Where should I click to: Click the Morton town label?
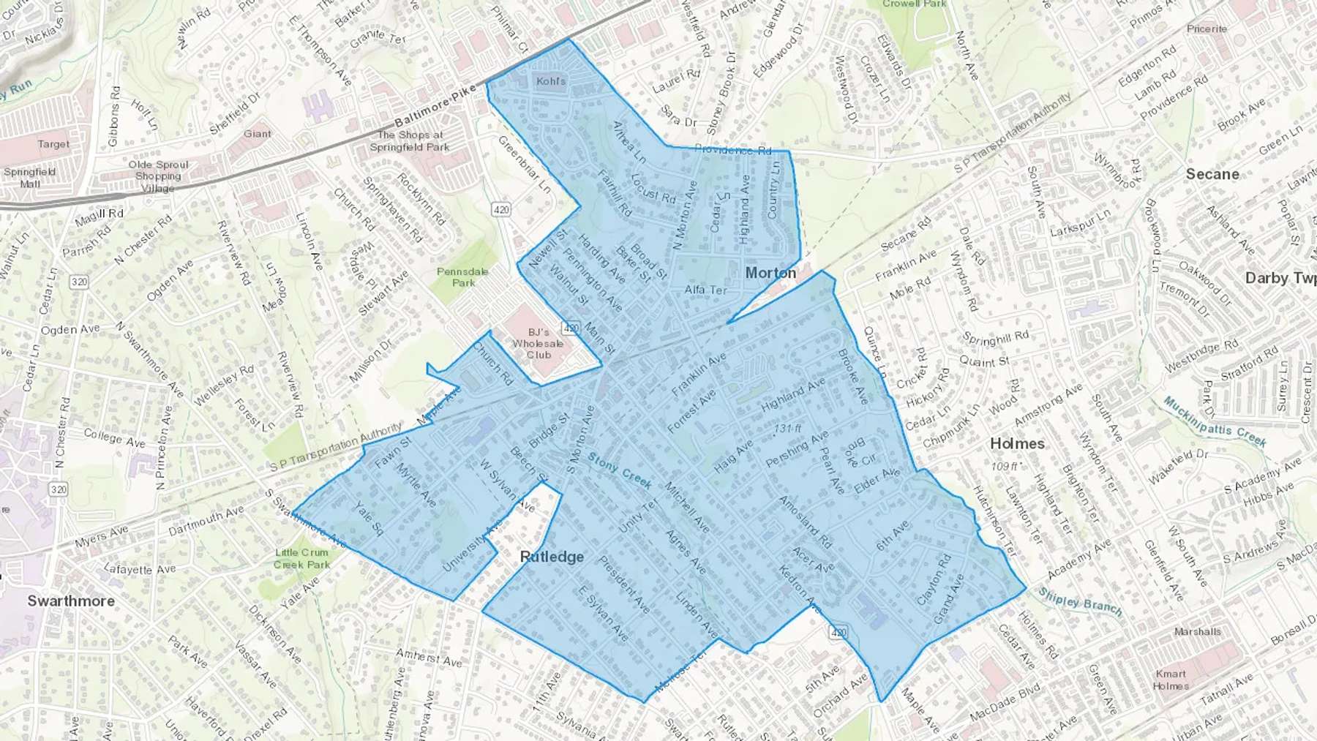tap(770, 273)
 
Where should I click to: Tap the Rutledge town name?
tap(552, 557)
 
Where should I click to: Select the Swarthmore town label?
tap(71, 601)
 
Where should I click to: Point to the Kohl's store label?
tap(551, 81)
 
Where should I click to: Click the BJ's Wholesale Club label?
tap(538, 343)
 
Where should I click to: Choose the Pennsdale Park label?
tap(462, 277)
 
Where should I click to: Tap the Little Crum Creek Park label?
tap(301, 558)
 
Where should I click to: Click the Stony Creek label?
tap(620, 472)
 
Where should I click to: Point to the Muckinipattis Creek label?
tap(1215, 421)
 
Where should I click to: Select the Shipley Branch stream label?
tap(1080, 602)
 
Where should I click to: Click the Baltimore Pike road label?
tap(435, 108)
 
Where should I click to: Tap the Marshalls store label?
tap(1197, 631)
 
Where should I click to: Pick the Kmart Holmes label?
tap(1171, 680)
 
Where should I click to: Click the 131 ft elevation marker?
tap(787, 428)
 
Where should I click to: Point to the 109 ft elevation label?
tap(1006, 466)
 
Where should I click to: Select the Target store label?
tap(53, 144)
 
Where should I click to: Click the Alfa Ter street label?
tap(705, 290)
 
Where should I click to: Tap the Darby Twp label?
tap(1280, 278)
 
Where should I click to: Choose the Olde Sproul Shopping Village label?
tap(158, 176)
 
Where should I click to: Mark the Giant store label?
tap(258, 134)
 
